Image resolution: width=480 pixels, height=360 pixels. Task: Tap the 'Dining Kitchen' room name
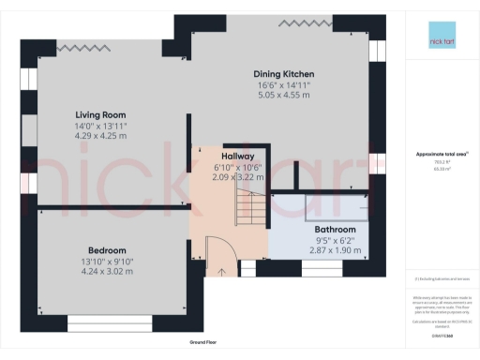284,74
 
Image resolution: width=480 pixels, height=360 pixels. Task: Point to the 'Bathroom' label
335,230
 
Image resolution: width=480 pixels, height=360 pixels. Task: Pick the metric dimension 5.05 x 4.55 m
284,95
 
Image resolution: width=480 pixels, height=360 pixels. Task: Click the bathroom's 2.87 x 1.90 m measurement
335,250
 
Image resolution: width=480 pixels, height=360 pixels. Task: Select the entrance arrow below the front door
222,273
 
